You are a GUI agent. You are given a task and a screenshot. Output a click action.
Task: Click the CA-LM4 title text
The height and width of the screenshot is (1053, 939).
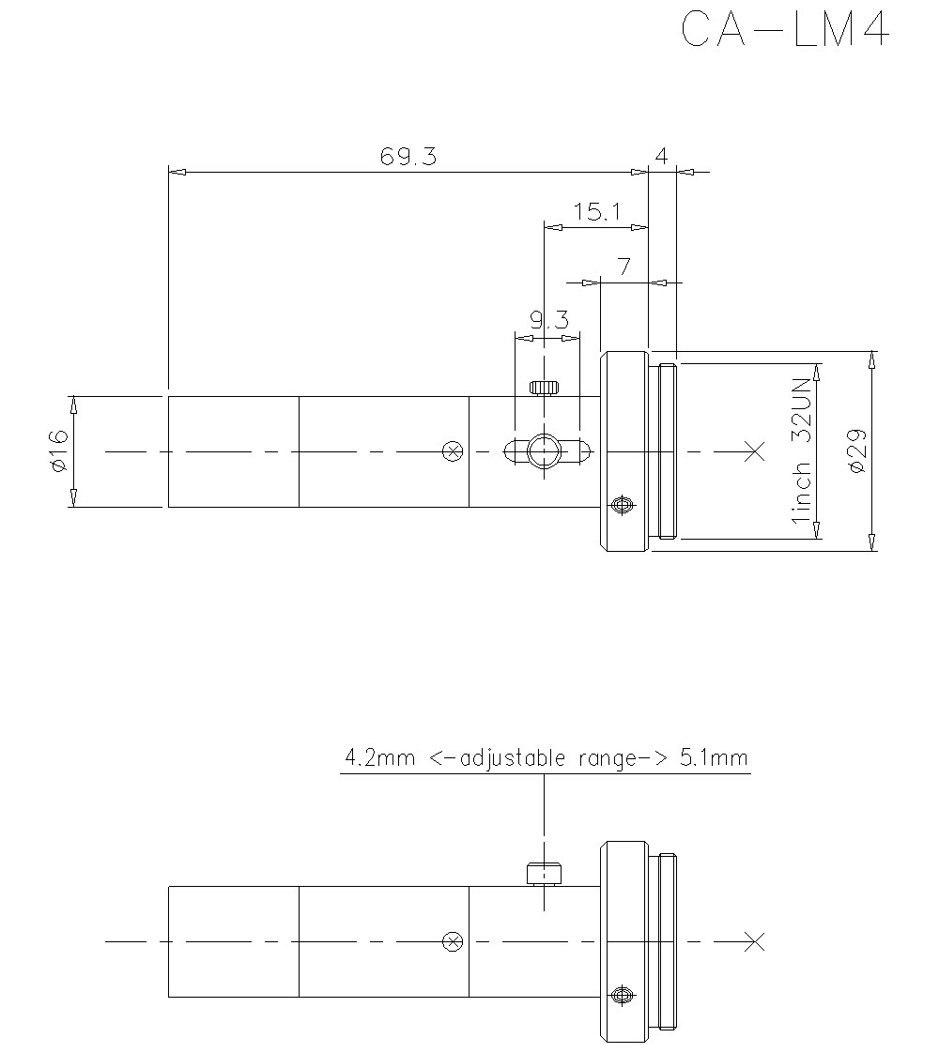[x=784, y=30]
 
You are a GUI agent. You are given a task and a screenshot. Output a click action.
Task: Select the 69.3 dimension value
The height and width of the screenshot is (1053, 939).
[x=408, y=157]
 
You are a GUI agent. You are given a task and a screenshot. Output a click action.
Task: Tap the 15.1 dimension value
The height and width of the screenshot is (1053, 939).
[x=598, y=212]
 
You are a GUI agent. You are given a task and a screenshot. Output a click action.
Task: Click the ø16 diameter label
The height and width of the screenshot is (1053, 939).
[x=58, y=451]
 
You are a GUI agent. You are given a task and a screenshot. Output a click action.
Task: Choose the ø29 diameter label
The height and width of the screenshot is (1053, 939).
[x=855, y=451]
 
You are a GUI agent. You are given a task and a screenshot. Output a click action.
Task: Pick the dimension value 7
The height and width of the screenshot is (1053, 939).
[x=623, y=267]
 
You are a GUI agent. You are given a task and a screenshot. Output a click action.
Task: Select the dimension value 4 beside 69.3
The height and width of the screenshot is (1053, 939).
[x=661, y=157]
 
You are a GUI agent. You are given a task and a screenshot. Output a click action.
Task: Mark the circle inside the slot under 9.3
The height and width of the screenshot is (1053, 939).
[x=544, y=451]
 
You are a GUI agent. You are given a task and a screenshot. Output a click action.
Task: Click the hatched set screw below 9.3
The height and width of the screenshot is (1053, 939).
[x=544, y=387]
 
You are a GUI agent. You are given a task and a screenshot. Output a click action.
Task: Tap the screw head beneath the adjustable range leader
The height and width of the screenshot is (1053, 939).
[x=544, y=873]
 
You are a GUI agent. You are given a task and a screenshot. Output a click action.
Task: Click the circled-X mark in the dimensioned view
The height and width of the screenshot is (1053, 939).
[x=453, y=451]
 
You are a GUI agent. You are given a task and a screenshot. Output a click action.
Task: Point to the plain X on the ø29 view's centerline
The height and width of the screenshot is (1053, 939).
[x=754, y=451]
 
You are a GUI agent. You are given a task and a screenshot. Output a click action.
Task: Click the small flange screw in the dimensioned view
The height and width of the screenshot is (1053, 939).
[x=620, y=506]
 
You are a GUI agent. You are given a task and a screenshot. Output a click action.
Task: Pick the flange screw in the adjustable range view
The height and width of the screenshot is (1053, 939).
[x=620, y=995]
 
